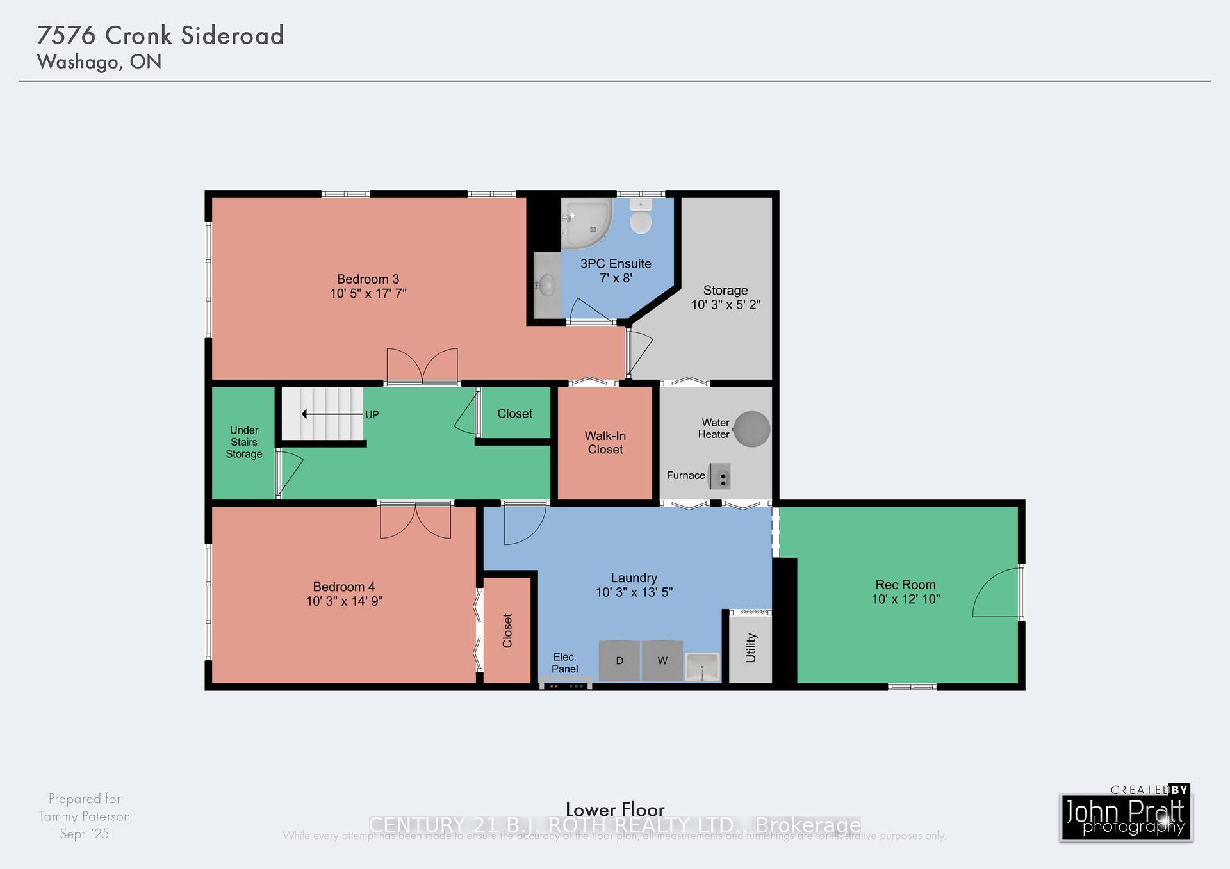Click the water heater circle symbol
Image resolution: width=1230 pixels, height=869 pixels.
751,429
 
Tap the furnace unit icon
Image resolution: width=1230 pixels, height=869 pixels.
719,476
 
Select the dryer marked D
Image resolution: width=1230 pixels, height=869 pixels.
619,660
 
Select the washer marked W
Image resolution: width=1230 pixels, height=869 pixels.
662,660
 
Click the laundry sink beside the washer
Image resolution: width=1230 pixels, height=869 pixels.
702,667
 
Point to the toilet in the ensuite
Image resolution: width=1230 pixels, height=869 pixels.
641,217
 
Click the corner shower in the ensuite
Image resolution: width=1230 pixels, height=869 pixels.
586,223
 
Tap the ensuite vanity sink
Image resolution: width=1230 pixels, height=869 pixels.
546,285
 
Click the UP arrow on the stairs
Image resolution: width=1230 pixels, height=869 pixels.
332,414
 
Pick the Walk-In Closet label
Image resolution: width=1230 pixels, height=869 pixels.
605,443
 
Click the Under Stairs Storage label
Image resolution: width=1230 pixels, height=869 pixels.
243,442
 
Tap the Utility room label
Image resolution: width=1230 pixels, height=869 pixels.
751,647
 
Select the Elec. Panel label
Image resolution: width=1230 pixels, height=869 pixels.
564,663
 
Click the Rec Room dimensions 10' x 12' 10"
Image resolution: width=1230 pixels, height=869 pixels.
905,599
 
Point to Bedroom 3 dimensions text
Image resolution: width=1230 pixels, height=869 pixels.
368,294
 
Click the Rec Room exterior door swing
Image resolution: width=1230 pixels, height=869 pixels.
997,592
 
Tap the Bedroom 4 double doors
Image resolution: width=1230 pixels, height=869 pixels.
415,520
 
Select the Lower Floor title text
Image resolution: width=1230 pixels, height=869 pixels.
615,809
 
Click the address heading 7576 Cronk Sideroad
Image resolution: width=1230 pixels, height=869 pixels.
161,35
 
